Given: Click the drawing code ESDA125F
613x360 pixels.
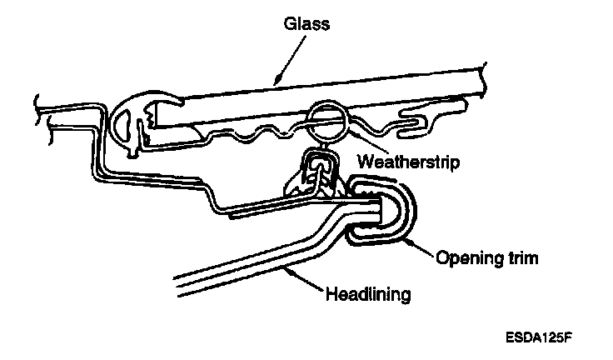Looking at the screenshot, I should point(538,339).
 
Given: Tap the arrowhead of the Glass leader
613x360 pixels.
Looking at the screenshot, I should point(272,83).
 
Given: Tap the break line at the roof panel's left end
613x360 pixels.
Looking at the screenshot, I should point(39,112).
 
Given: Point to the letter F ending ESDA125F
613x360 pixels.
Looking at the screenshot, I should point(572,339).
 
